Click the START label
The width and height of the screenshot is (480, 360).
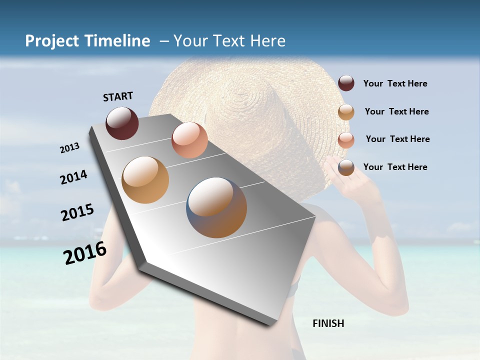118,96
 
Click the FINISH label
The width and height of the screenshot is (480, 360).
328,323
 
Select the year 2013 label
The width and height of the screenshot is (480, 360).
69,147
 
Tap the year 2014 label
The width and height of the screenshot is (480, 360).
73,177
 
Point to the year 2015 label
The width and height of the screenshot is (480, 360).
77,212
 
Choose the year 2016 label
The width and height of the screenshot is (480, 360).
85,252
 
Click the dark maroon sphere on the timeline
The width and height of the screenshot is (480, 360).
122,123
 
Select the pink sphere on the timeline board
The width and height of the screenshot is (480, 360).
189,140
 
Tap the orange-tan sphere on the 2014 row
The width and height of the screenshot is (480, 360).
145,180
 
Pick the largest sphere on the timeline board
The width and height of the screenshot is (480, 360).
216,207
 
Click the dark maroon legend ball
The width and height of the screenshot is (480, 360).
346,83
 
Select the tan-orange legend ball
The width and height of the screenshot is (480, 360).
346,112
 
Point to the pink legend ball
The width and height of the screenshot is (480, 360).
346,140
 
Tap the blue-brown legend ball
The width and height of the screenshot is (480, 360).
346,167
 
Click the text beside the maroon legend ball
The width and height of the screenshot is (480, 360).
395,83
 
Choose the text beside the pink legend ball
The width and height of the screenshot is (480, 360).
397,139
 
